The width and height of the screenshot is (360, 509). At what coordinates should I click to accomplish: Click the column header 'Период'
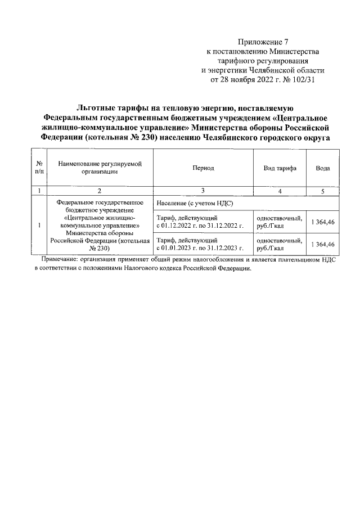click(x=203, y=168)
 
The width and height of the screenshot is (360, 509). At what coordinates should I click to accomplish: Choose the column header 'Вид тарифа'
click(x=280, y=168)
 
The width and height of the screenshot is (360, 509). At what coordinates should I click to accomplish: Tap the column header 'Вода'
click(x=322, y=168)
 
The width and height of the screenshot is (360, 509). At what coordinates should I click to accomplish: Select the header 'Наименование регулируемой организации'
click(x=100, y=168)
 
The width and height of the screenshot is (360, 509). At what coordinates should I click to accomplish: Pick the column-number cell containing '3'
click(x=203, y=191)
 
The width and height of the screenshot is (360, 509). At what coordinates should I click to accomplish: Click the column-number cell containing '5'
click(x=322, y=191)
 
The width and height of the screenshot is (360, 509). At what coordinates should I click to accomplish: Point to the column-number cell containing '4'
click(x=280, y=191)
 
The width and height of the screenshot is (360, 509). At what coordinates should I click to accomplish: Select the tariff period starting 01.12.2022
click(x=200, y=222)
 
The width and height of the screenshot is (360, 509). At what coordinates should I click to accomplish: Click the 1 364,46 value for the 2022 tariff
click(x=323, y=222)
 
